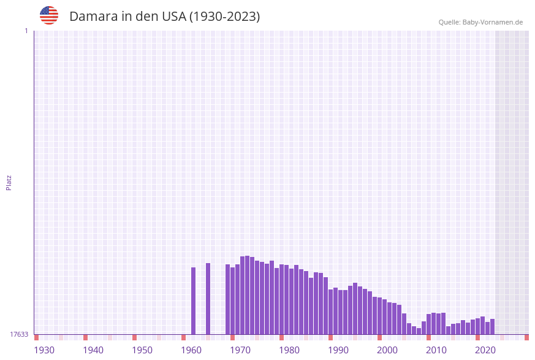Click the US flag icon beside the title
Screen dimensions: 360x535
click(x=49, y=15)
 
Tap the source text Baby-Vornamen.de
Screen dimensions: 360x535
click(x=493, y=22)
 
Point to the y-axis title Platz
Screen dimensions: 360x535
click(x=9, y=182)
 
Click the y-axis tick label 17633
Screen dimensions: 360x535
click(x=19, y=334)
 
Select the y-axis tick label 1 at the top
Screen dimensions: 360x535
click(x=26, y=31)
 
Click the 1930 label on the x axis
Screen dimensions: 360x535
click(x=44, y=350)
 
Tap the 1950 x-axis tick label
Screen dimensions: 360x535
click(x=142, y=350)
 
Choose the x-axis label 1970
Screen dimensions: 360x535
click(x=240, y=350)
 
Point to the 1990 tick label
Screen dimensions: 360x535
click(x=338, y=350)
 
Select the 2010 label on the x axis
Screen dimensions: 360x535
click(x=436, y=350)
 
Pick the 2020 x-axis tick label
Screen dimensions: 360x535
click(x=485, y=350)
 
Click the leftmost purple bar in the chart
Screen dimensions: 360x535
click(x=194, y=301)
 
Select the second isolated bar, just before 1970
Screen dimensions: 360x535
click(x=208, y=299)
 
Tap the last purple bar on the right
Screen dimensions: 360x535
click(x=492, y=326)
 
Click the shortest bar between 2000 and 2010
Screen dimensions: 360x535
click(x=419, y=331)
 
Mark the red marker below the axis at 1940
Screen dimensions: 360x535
click(x=86, y=337)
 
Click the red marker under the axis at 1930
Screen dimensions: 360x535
click(x=37, y=337)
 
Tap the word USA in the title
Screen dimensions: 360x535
click(x=173, y=17)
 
